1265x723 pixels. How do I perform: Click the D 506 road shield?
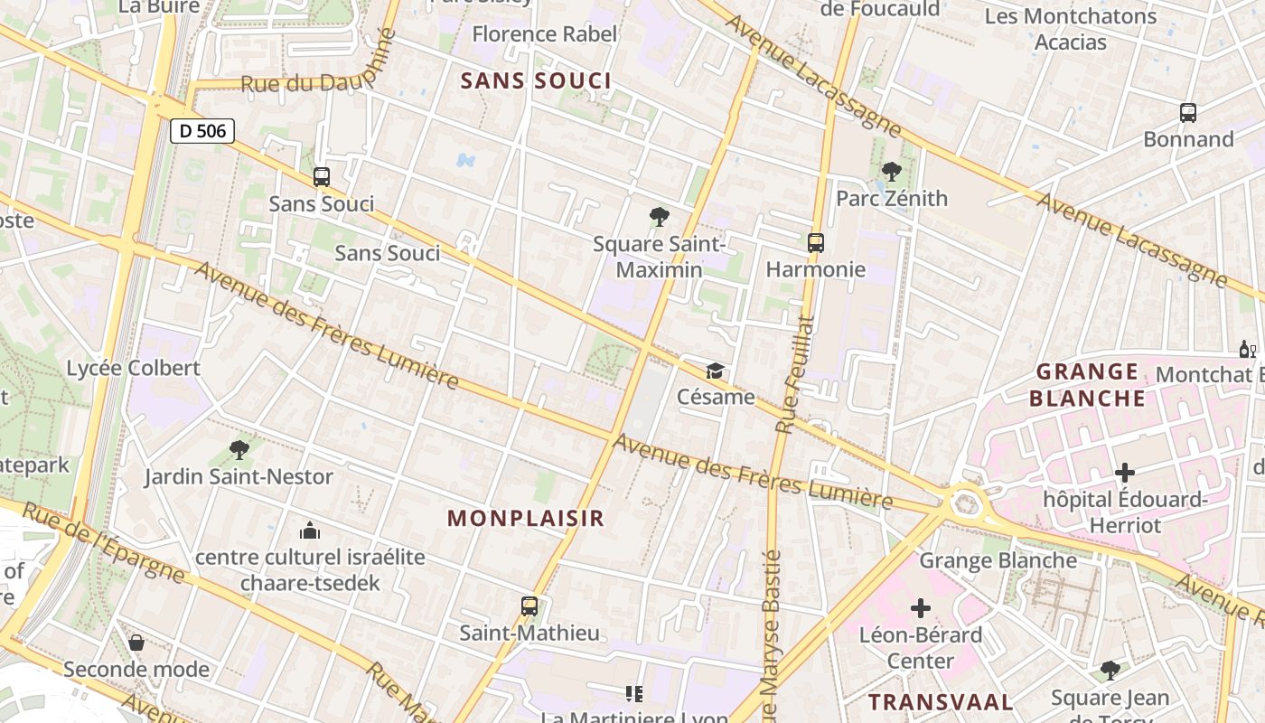tap(202, 131)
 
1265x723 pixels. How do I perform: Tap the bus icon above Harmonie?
tap(815, 242)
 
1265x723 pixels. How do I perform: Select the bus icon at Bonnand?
tap(1188, 113)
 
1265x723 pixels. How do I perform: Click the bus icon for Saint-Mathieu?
tap(529, 606)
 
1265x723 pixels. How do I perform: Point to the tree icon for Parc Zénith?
tap(892, 171)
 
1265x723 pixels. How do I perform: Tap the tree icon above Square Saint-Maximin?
tap(660, 217)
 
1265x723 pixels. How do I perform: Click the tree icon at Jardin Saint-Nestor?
tap(239, 449)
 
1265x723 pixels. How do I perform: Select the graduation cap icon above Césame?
tap(716, 371)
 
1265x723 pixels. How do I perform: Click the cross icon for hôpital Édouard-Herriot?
tap(1125, 472)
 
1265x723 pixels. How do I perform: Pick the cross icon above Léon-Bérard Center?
tap(921, 608)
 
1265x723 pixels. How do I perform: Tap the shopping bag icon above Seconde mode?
tap(136, 643)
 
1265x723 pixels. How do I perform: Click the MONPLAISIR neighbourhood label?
tap(526, 518)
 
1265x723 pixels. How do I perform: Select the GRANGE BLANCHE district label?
tap(1087, 385)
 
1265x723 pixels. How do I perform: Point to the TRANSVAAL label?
tap(942, 701)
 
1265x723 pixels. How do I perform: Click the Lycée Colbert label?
tap(134, 368)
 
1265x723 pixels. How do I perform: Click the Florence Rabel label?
tap(545, 34)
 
